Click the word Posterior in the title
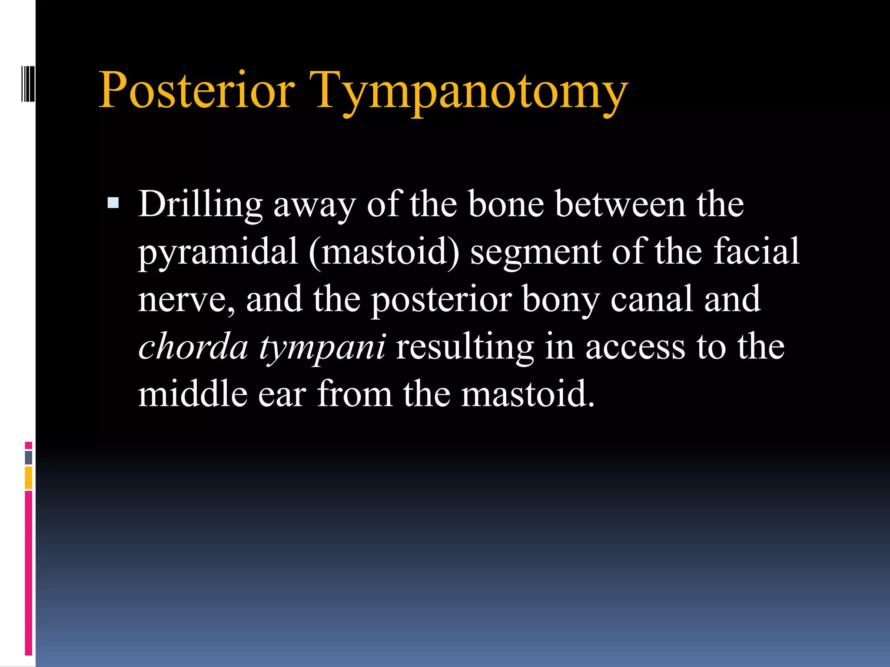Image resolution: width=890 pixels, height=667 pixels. (197, 90)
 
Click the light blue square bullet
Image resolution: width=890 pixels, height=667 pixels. (113, 203)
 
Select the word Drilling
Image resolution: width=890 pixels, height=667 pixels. (200, 205)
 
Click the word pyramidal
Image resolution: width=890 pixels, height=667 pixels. (218, 253)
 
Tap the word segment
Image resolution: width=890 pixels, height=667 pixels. (535, 253)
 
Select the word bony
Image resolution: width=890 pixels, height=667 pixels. (561, 300)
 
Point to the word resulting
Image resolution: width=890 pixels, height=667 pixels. (465, 347)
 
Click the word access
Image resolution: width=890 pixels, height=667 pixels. (635, 347)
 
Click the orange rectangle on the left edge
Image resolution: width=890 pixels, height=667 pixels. (29, 477)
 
